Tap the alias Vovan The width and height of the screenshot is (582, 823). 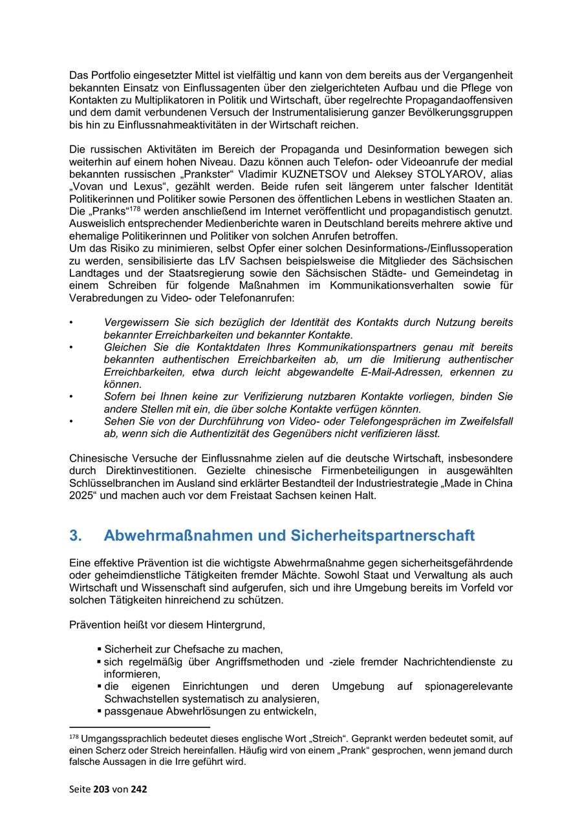pyautogui.click(x=90, y=186)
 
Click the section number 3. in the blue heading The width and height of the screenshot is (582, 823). pyautogui.click(x=76, y=535)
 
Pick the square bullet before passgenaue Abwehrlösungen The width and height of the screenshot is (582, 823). pyautogui.click(x=100, y=712)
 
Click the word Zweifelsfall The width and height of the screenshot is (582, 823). pyautogui.click(x=482, y=422)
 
